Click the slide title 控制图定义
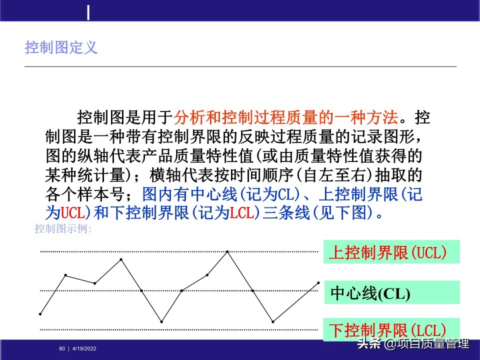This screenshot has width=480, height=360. click(x=61, y=48)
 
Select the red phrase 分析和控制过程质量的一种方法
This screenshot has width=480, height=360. click(x=286, y=118)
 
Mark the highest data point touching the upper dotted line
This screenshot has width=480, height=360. click(x=227, y=251)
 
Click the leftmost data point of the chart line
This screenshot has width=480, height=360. click(x=40, y=314)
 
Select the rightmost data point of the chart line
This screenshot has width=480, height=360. click(x=318, y=283)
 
